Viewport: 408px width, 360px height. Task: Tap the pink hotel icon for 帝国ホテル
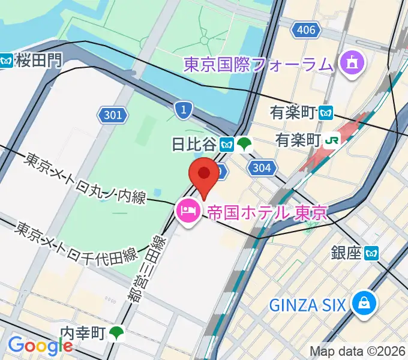189,212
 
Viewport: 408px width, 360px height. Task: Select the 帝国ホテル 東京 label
266,212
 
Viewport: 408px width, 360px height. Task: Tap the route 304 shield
262,169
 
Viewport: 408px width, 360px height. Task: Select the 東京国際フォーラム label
259,64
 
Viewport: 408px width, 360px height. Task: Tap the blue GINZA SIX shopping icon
364,304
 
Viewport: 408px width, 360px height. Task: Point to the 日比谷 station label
194,144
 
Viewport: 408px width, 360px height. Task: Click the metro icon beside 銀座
372,253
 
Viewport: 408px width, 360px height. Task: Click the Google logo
41,346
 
